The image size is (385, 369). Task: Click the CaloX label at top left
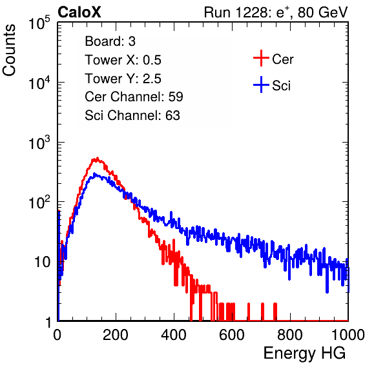pyautogui.click(x=79, y=12)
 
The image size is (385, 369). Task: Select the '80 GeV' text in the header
pyautogui.click(x=323, y=12)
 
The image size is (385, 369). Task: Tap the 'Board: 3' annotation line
pyautogui.click(x=110, y=41)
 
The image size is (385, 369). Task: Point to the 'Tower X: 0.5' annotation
pyautogui.click(x=123, y=60)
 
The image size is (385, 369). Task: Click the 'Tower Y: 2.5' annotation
pyautogui.click(x=123, y=79)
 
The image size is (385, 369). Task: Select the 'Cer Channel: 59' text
pyautogui.click(x=134, y=97)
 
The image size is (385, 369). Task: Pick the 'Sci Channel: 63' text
pyautogui.click(x=132, y=115)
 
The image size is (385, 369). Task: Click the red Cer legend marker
pyautogui.click(x=261, y=58)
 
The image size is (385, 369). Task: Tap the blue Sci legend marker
pyautogui.click(x=261, y=85)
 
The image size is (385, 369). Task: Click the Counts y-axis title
pyautogui.click(x=9, y=50)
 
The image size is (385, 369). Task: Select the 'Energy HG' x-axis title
pyautogui.click(x=304, y=353)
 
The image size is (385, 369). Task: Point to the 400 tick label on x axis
pyautogui.click(x=174, y=335)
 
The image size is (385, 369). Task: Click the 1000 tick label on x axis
pyautogui.click(x=348, y=335)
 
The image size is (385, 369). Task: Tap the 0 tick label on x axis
pyautogui.click(x=57, y=335)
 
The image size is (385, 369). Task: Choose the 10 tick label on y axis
pyautogui.click(x=42, y=262)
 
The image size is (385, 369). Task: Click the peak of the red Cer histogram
pyautogui.click(x=98, y=158)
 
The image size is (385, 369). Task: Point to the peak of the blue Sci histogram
pyautogui.click(x=94, y=174)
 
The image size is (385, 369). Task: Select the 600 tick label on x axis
pyautogui.click(x=232, y=335)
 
